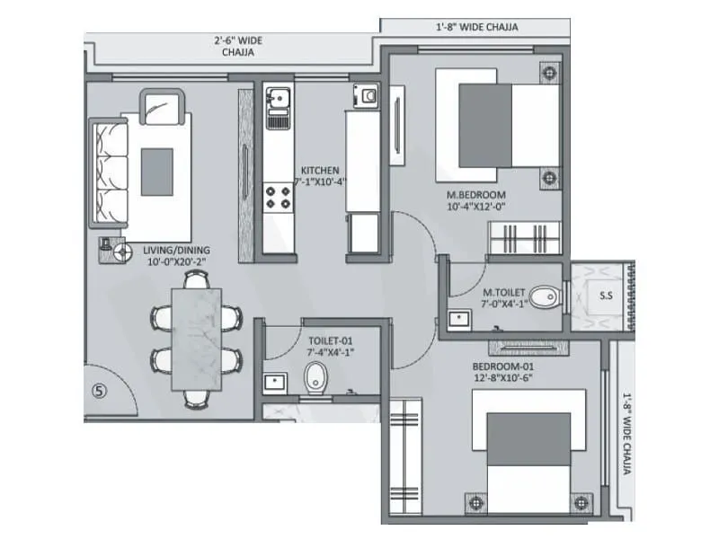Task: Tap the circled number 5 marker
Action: point(99,391)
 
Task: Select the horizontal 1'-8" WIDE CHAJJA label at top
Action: point(471,27)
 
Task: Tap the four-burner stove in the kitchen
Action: point(278,197)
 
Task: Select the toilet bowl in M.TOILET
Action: point(543,297)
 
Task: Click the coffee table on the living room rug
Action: point(157,171)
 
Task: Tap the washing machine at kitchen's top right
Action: point(365,95)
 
